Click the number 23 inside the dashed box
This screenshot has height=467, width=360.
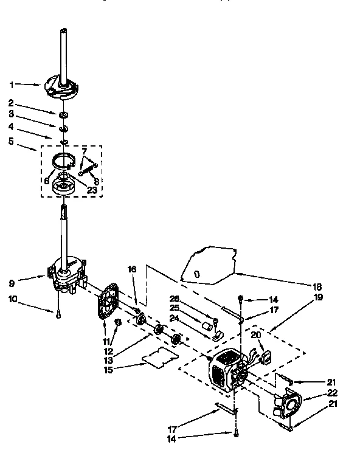(x=92, y=189)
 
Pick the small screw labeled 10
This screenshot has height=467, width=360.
(x=57, y=314)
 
